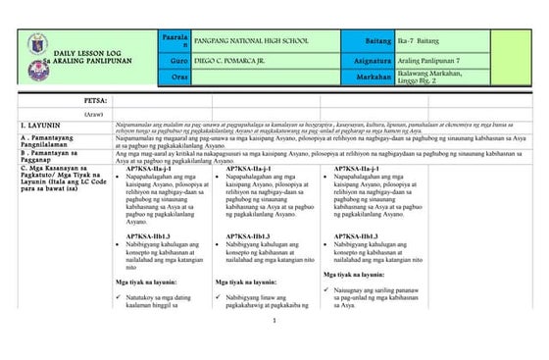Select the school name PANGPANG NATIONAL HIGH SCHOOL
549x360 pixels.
[245, 39]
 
